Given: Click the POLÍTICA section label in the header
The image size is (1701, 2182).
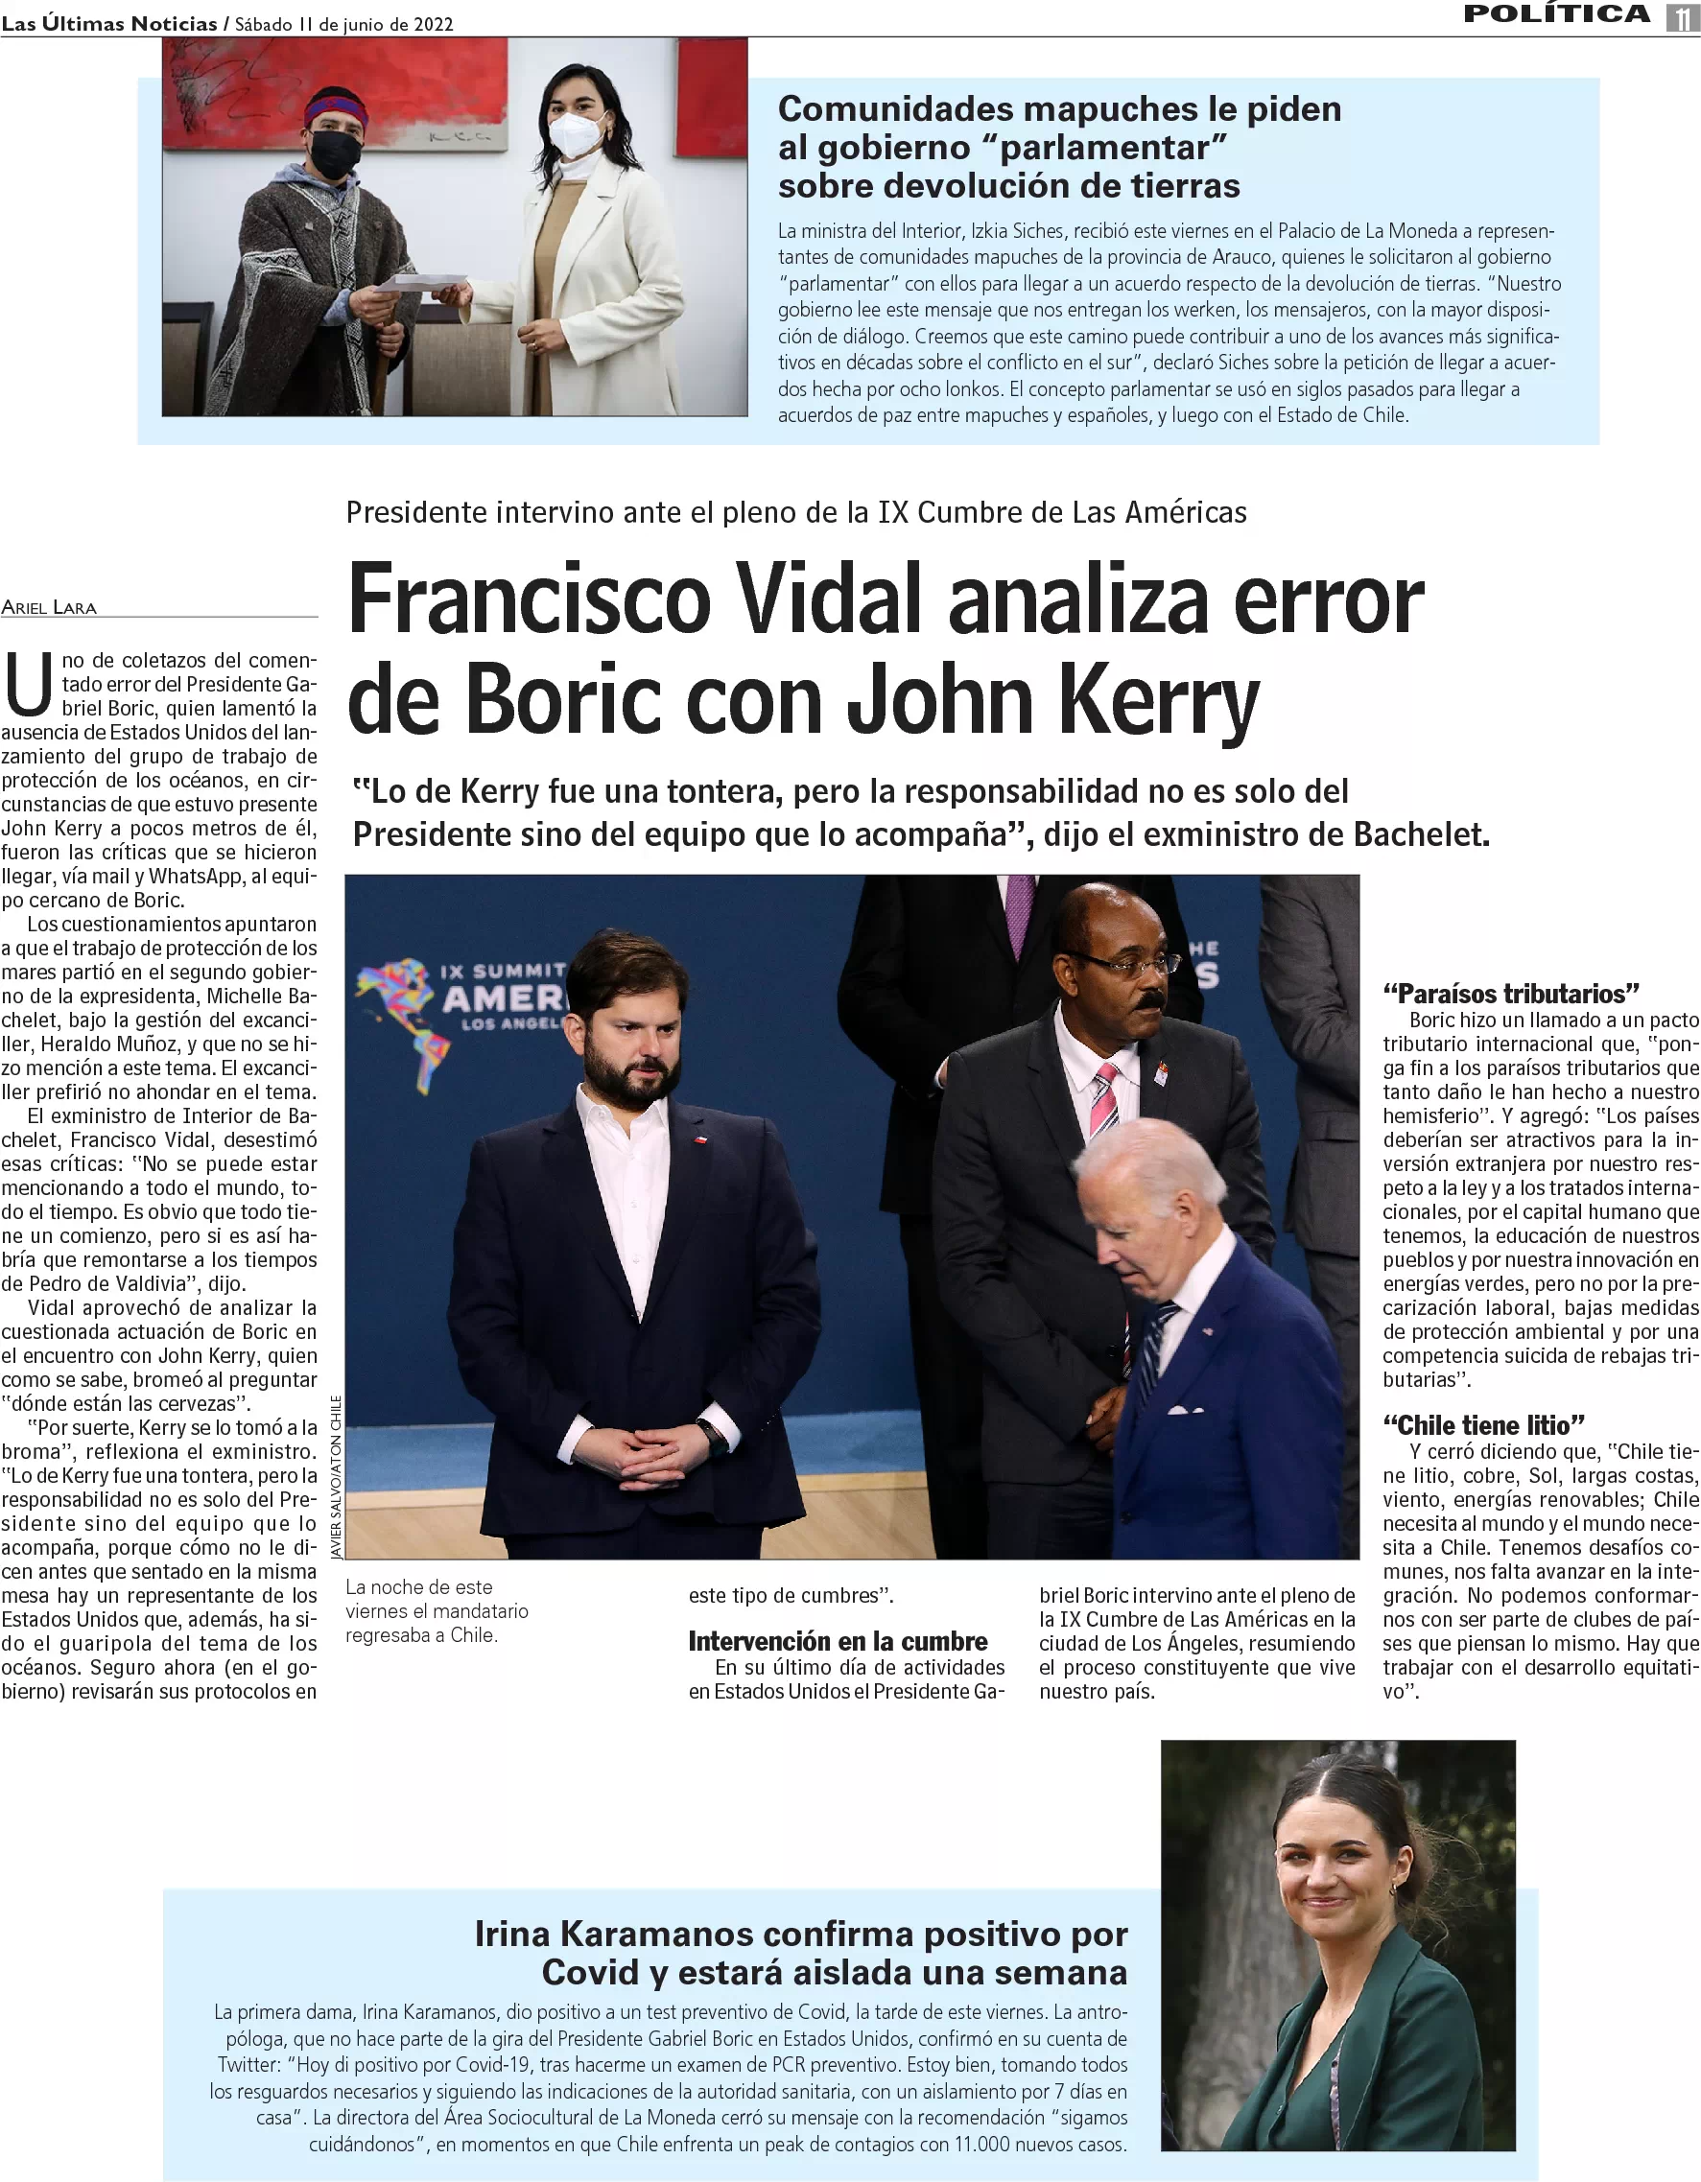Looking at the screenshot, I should [1556, 14].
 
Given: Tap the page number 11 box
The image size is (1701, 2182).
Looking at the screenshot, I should [1682, 17].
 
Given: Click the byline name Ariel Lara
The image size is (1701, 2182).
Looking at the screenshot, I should [49, 607].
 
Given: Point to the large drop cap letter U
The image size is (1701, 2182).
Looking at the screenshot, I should [28, 685].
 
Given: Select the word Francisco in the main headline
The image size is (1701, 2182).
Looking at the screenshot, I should [529, 600].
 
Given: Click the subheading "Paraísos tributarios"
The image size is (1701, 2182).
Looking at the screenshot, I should [1511, 993].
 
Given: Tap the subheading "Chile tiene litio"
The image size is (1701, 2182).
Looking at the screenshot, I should [1483, 1424].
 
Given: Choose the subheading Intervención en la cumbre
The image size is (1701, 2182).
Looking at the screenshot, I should [838, 1640].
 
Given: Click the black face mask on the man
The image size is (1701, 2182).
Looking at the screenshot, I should [336, 153].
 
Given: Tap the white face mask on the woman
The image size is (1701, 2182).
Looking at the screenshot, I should [577, 135].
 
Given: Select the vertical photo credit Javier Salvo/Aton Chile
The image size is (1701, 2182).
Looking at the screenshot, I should [336, 1477].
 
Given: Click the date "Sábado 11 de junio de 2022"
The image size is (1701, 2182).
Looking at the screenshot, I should [343, 24].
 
